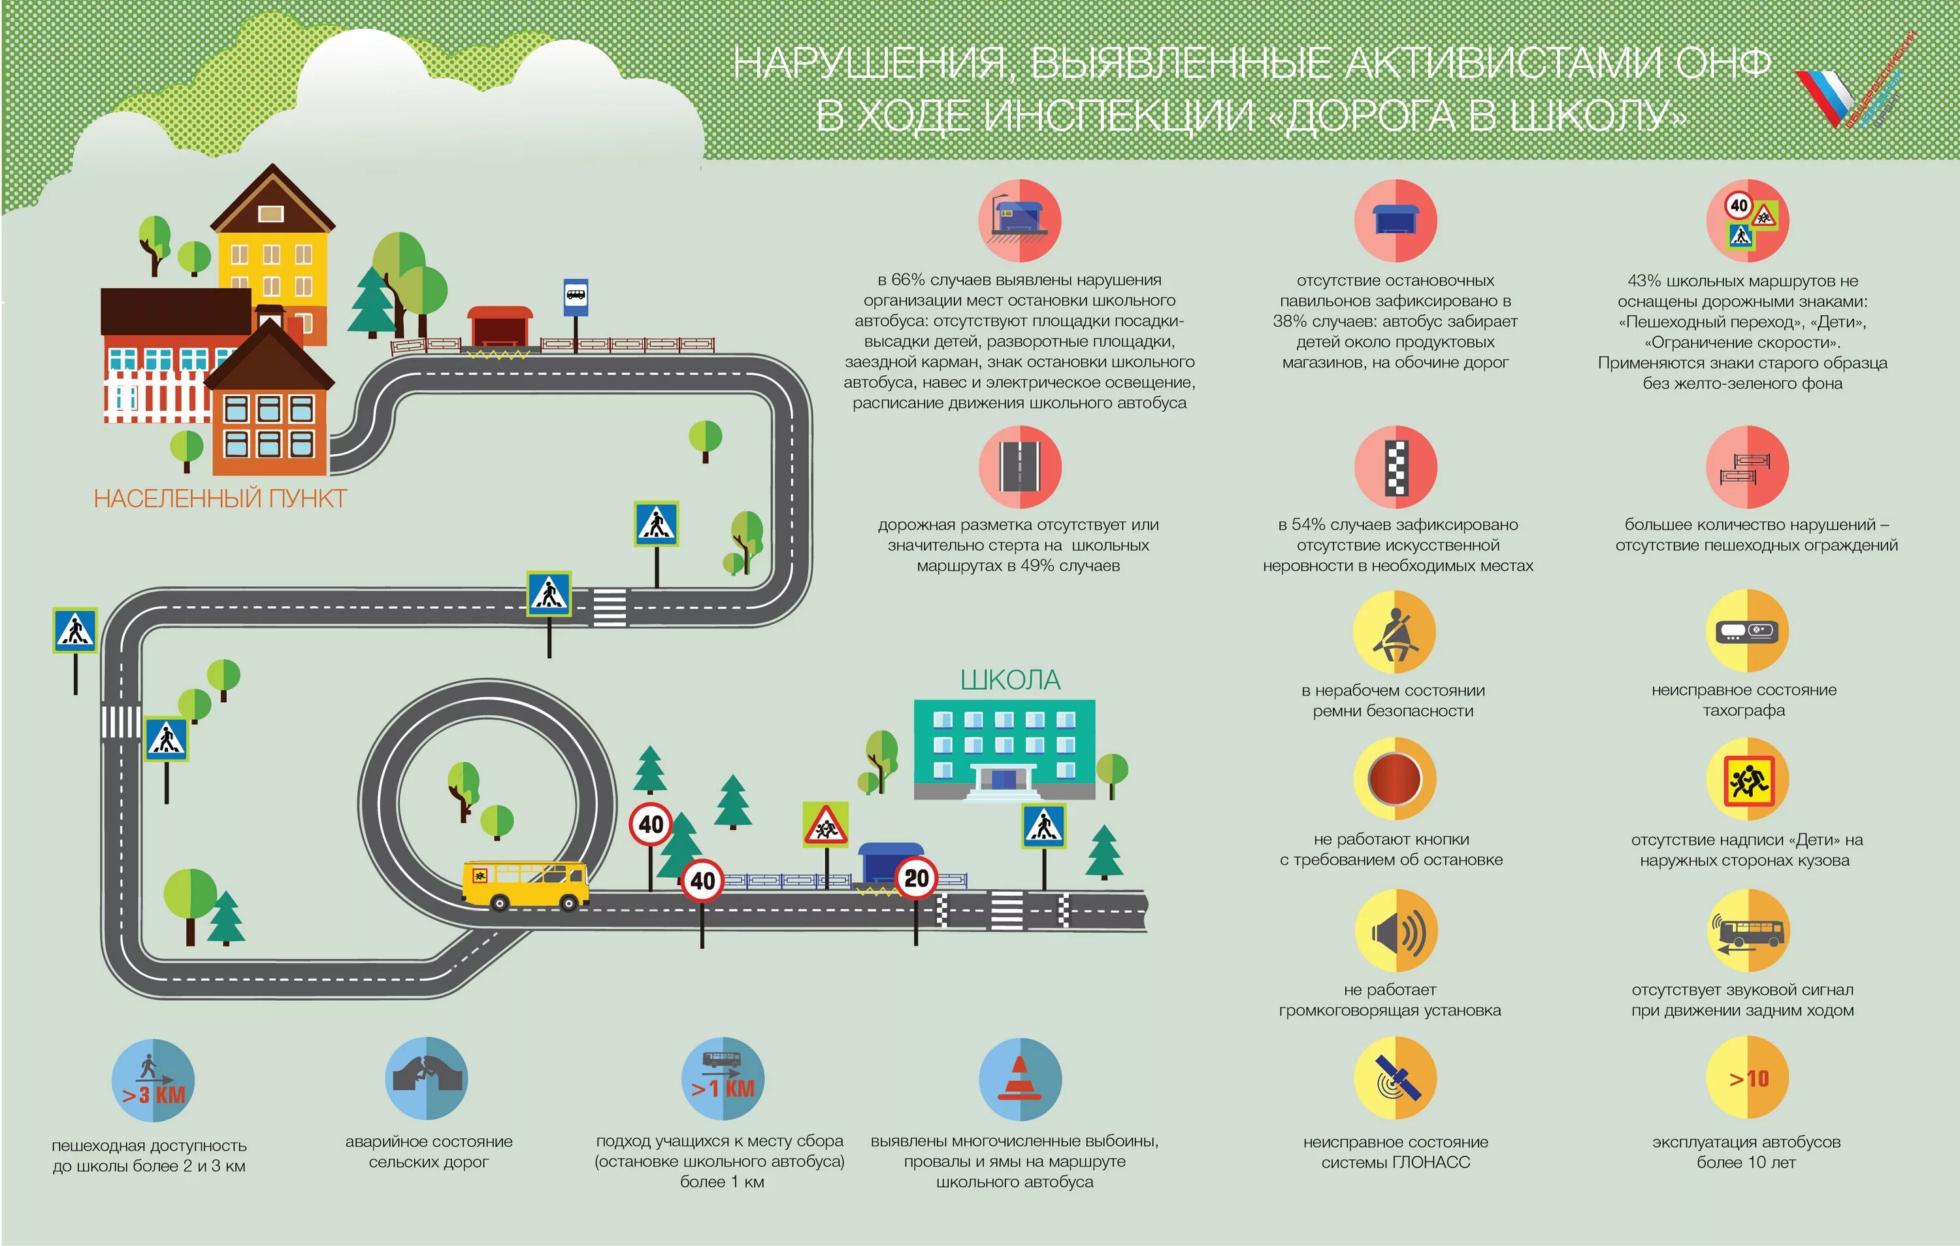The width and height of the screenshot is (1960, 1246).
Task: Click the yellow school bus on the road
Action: pos(526,885)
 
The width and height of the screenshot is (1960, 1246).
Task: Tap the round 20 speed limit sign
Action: pos(917,878)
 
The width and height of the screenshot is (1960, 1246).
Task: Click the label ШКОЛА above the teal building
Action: pos(1010,680)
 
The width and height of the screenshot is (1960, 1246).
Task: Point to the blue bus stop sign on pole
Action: pos(576,297)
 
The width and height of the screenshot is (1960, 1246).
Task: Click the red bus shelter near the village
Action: pos(500,328)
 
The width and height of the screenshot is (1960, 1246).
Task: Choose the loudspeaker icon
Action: pos(1395,931)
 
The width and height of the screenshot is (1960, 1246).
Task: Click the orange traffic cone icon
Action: pos(1020,1079)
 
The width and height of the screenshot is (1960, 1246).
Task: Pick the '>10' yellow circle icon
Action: pos(1747,1078)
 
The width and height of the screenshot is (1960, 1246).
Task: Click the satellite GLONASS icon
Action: pos(1395,1078)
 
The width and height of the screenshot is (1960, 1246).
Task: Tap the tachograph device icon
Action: pos(1747,631)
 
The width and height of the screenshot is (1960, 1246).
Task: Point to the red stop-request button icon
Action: pos(1395,779)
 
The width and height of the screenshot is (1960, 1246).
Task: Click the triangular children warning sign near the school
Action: pos(825,825)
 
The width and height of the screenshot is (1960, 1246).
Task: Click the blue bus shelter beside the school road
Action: pos(890,863)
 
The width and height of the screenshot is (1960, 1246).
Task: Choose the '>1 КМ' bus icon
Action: pos(723,1079)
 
